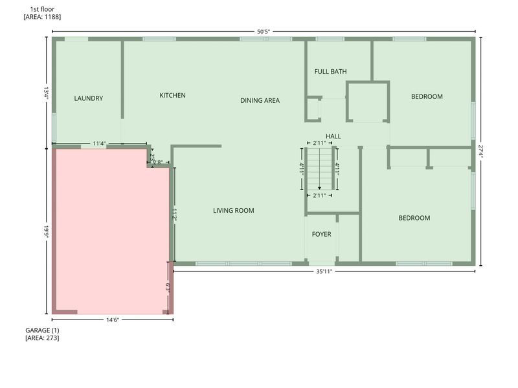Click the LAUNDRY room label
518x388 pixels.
pyautogui.click(x=88, y=98)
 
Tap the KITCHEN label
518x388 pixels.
pyautogui.click(x=172, y=96)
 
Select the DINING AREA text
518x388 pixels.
pyautogui.click(x=260, y=100)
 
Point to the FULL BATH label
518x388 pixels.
pyautogui.click(x=330, y=71)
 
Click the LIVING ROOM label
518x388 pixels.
pyautogui.click(x=233, y=210)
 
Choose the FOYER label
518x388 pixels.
pyautogui.click(x=321, y=234)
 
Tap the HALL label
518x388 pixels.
pyautogui.click(x=333, y=136)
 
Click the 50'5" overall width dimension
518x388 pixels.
pyautogui.click(x=263, y=30)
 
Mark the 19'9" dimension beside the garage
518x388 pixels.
pyautogui.click(x=46, y=231)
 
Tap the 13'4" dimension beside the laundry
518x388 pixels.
pyautogui.click(x=46, y=92)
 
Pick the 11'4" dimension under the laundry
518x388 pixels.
pyautogui.click(x=99, y=143)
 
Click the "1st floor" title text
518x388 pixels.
pyautogui.click(x=42, y=9)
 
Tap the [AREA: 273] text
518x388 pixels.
pyautogui.click(x=41, y=338)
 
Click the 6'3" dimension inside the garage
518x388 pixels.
pyautogui.click(x=167, y=287)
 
